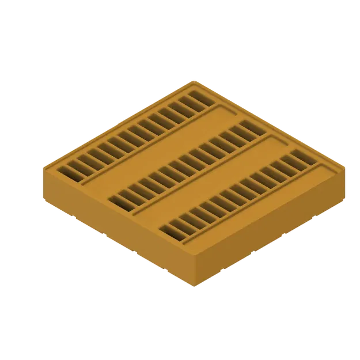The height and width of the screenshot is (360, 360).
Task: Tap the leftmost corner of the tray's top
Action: tap(43, 168)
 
